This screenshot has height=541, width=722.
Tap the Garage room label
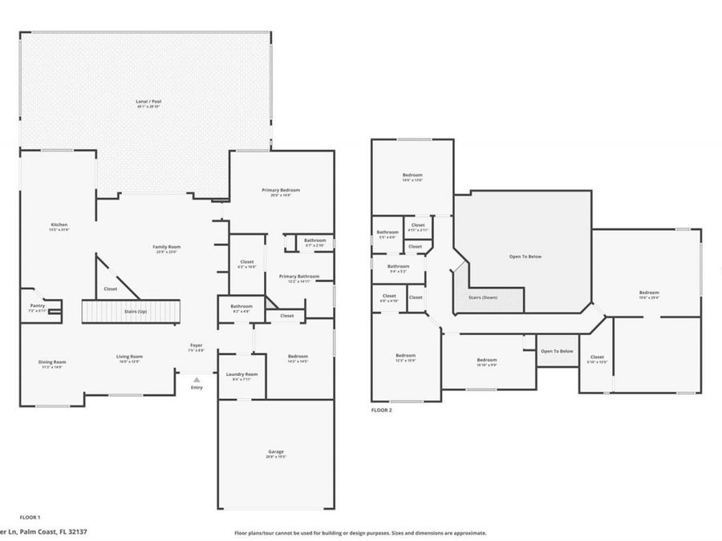point(276,452)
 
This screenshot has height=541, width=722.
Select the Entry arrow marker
point(197,380)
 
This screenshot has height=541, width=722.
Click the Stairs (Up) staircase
point(132,310)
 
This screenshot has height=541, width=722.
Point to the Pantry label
point(38,305)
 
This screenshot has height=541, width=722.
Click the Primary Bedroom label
point(281,190)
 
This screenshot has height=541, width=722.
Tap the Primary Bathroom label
point(299,277)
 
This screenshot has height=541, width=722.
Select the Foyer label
point(197,345)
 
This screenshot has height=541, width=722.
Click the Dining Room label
point(52,361)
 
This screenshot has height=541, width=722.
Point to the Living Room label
point(129,357)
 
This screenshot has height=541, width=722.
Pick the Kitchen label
point(59,225)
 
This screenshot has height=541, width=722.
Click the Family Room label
point(168,247)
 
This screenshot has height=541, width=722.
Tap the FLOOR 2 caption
point(381,410)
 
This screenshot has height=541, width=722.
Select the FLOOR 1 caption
point(30,517)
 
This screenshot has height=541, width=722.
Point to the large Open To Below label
point(525,256)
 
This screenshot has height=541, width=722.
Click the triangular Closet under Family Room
point(111,288)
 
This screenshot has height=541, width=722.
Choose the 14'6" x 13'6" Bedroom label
point(412,176)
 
